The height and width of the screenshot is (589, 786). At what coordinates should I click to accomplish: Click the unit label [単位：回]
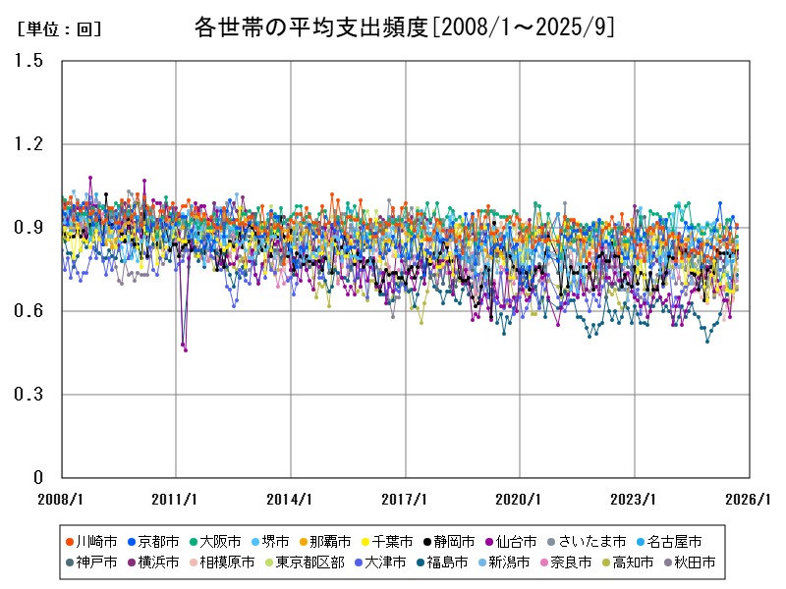59,29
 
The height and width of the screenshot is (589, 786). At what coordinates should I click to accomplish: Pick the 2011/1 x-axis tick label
176,499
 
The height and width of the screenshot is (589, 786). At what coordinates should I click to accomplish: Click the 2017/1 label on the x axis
406,499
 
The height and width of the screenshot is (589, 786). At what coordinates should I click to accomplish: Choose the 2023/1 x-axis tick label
636,499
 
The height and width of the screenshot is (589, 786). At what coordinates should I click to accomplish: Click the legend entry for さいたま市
590,541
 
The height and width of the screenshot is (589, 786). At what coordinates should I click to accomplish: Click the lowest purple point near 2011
185,349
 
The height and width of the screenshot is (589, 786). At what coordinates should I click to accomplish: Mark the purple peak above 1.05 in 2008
90,178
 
